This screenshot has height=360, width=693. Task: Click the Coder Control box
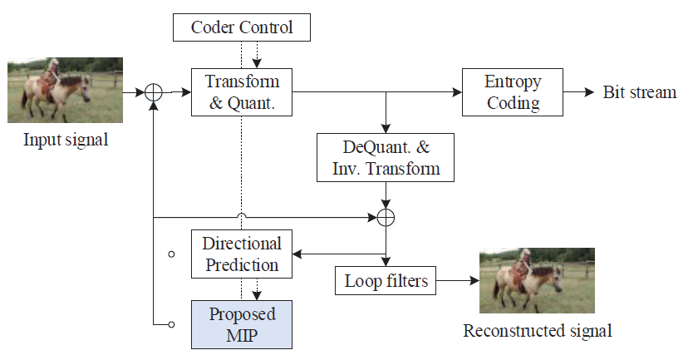(242, 27)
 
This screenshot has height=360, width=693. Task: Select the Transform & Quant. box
(242, 92)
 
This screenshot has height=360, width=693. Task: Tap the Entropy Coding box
(513, 92)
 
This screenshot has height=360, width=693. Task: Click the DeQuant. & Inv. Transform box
(386, 157)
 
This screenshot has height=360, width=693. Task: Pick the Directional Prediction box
(242, 254)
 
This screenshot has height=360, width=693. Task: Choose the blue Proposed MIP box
(242, 325)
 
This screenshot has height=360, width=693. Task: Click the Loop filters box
(386, 281)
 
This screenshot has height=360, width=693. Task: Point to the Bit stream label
(639, 92)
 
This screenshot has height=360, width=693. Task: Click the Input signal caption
(66, 140)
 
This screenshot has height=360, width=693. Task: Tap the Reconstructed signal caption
(537, 331)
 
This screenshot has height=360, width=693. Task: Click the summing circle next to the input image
(154, 92)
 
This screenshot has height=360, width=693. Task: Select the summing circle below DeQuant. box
(386, 218)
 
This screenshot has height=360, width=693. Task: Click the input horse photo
(66, 90)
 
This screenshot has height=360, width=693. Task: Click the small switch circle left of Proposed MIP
(171, 324)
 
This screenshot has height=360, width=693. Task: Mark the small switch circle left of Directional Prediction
(171, 254)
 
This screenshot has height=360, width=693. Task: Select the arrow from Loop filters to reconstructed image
(457, 281)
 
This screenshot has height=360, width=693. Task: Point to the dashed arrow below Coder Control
(257, 55)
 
